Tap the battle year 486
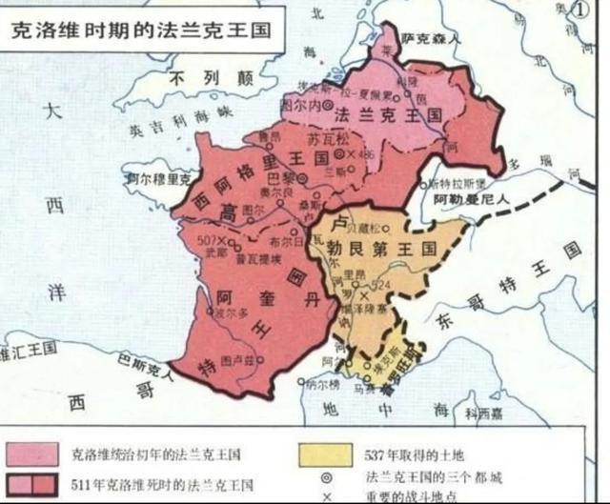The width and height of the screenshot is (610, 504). (x=367, y=153)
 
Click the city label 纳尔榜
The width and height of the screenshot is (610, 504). (x=322, y=385)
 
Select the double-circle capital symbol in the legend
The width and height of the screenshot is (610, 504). (x=329, y=475)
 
